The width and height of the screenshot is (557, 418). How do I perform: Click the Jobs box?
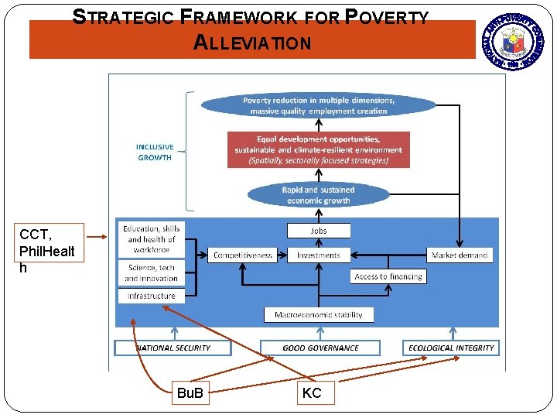(x=319, y=231)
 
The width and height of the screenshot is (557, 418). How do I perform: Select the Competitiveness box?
(x=243, y=255)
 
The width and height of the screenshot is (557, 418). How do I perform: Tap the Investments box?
(x=319, y=255)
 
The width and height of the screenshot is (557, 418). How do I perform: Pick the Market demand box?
(x=460, y=255)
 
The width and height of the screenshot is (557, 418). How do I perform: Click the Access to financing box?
(x=388, y=276)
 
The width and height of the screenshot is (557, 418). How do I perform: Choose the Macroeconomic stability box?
(x=319, y=314)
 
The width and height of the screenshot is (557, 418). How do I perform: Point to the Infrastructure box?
(x=151, y=296)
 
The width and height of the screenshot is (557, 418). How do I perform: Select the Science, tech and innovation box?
(x=151, y=272)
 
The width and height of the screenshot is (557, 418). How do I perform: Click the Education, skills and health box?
(x=151, y=239)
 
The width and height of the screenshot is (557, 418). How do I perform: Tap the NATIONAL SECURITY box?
(x=173, y=348)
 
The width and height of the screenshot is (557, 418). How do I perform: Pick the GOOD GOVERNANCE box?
(x=320, y=348)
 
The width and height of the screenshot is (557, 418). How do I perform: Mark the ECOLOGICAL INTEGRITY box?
(x=451, y=348)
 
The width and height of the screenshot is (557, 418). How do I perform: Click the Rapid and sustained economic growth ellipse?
(x=318, y=195)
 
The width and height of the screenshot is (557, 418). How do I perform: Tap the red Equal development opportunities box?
(x=319, y=149)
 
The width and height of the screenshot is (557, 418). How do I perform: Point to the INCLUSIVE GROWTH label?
(x=155, y=152)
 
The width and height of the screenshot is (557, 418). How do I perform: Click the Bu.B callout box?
(x=190, y=393)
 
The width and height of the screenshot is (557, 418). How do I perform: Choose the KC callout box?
(x=313, y=393)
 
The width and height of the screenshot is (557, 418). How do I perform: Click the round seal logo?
(x=513, y=41)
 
